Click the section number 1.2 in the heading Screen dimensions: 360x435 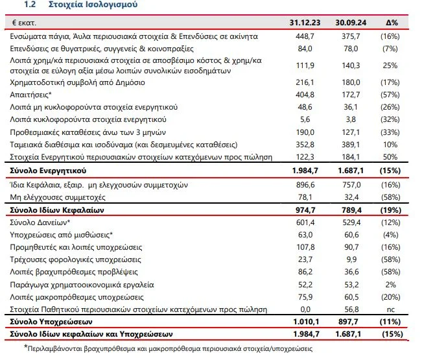31,5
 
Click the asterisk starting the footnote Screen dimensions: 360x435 27,348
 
